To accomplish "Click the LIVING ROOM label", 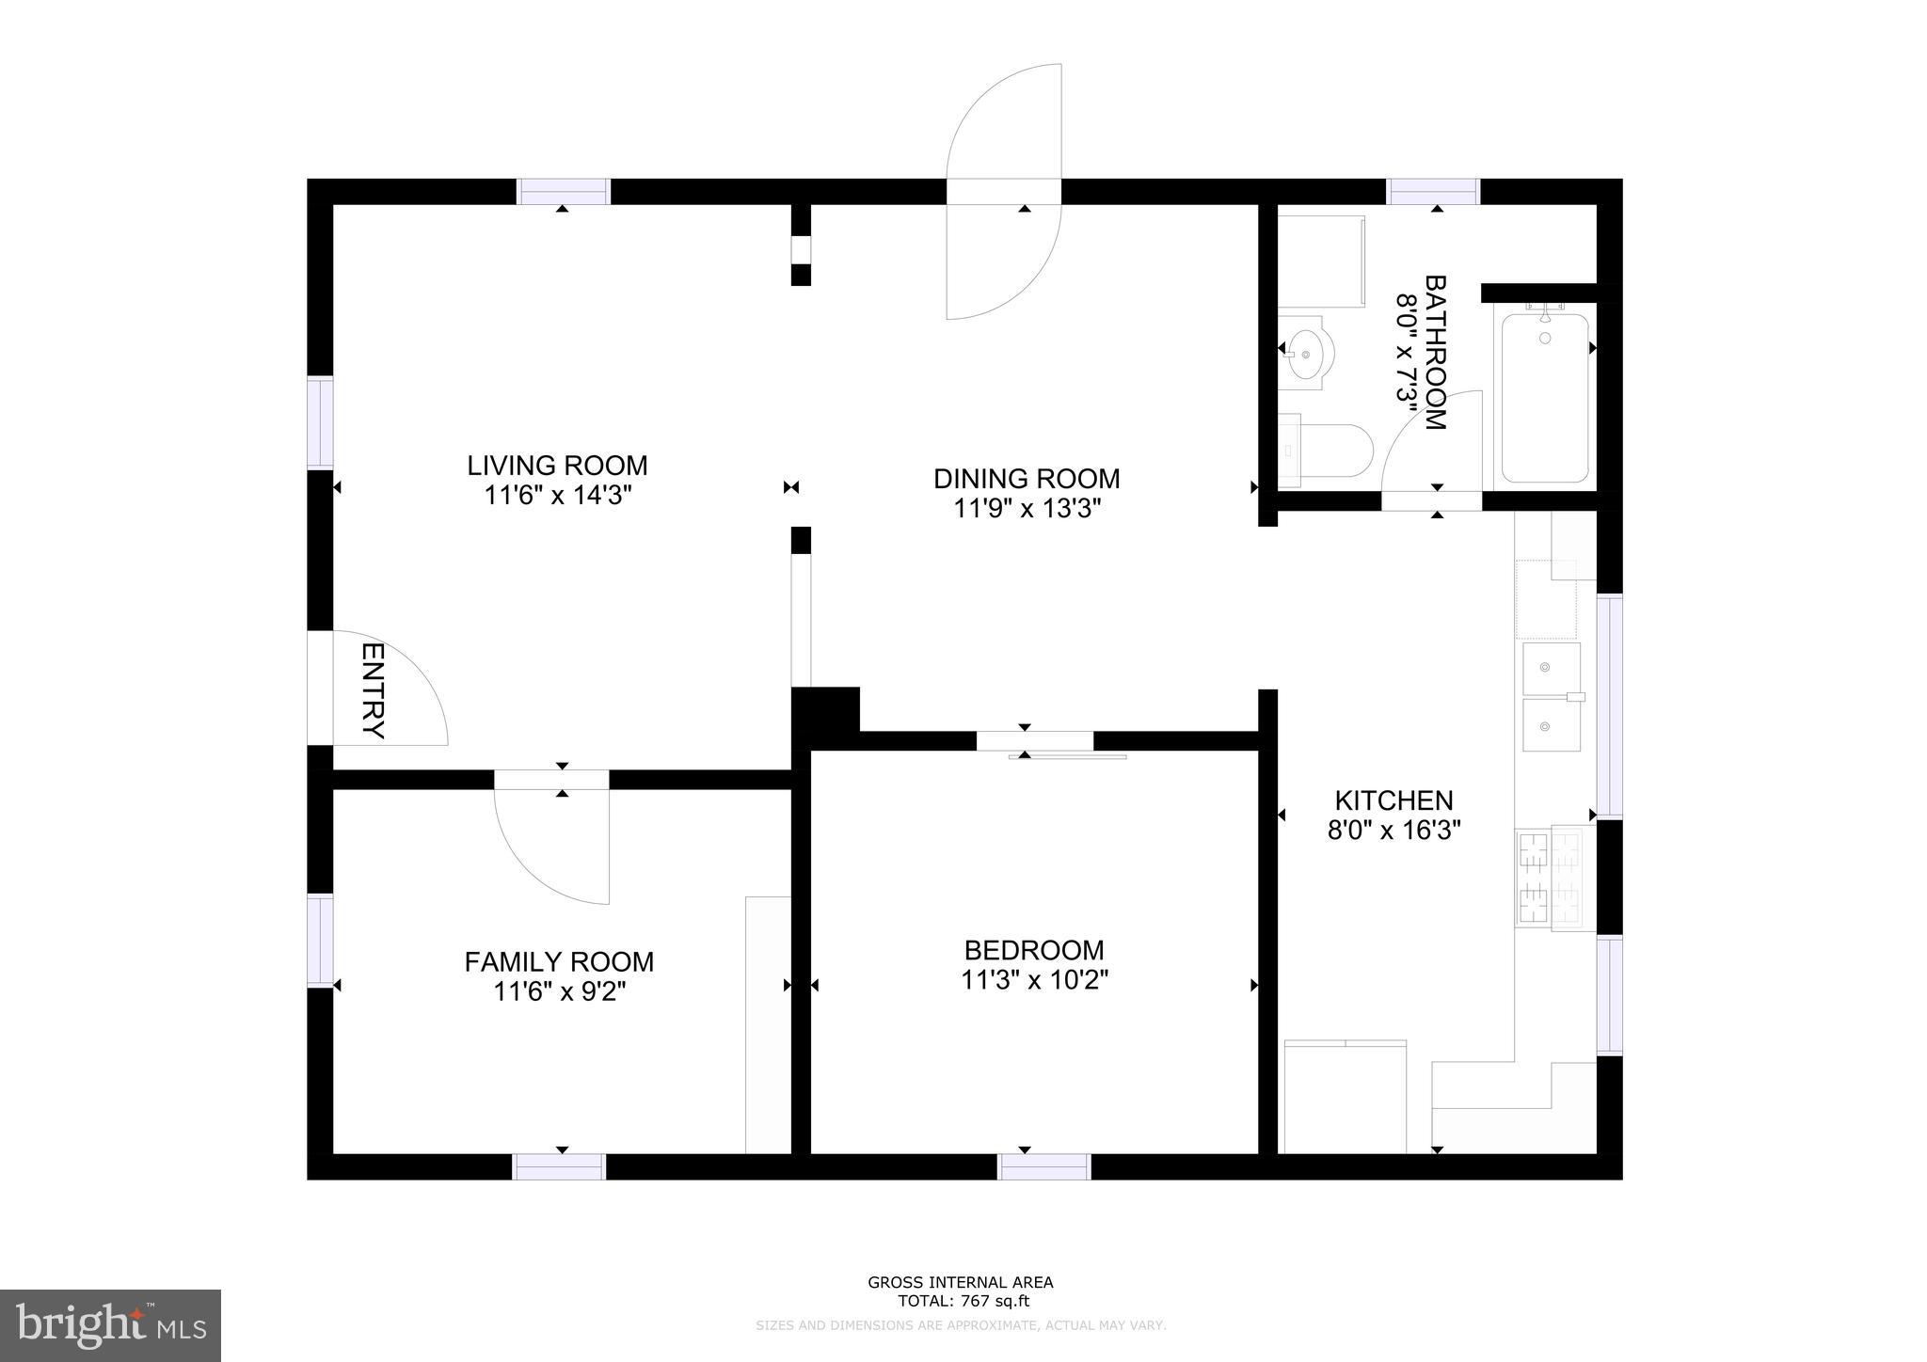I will tap(557, 466).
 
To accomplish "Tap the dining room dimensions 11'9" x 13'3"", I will tap(1027, 509).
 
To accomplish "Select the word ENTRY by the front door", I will tap(374, 691).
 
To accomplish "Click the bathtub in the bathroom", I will tap(1544, 400).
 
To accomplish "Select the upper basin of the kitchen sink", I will tap(1551, 668).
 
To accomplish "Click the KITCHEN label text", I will tap(1393, 800).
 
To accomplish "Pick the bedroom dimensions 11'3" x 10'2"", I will tap(1034, 980).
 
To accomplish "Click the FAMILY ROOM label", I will tap(559, 961).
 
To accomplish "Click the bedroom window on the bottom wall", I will tap(1043, 1166).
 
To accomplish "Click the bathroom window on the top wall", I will tap(1434, 192).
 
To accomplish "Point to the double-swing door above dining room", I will tap(1004, 192).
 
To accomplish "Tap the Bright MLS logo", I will tap(111, 1325).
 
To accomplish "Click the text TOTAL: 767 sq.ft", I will tap(961, 1302).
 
